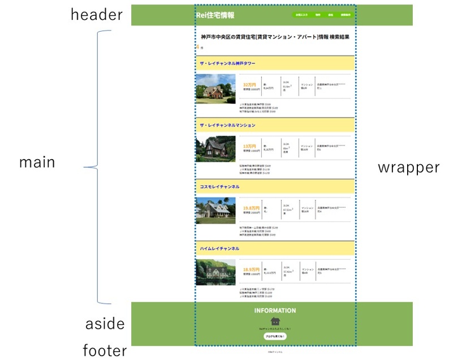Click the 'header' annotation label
(x=96, y=15)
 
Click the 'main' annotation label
(x=37, y=162)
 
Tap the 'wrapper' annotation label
(x=408, y=167)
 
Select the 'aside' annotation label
(x=105, y=324)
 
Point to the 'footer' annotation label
(x=105, y=351)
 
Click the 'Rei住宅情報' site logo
(x=215, y=15)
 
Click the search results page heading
(x=275, y=37)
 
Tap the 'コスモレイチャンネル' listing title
(x=219, y=187)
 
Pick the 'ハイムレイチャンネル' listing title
(x=219, y=248)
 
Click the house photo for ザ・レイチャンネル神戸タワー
(x=215, y=89)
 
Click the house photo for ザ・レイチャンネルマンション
(x=215, y=149)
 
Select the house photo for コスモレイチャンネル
(x=215, y=211)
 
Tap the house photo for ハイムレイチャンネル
(x=215, y=272)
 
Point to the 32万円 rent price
(x=249, y=85)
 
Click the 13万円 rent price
(x=249, y=146)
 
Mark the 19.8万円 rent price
(x=251, y=208)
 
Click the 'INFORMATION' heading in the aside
(x=275, y=311)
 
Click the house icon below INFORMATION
(x=275, y=321)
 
